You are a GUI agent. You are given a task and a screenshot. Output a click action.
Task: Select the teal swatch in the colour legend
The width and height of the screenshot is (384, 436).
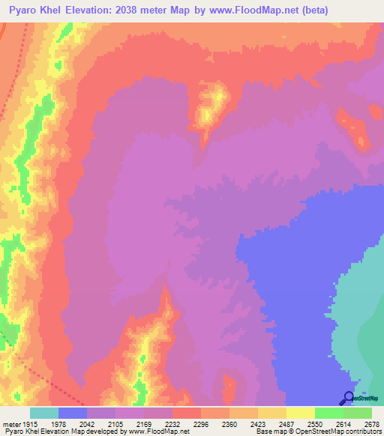click(x=44, y=413)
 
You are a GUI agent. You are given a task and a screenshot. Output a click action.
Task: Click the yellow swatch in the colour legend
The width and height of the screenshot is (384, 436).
click(x=300, y=413)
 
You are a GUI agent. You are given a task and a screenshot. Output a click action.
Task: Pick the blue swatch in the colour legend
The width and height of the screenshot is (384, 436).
click(x=73, y=413)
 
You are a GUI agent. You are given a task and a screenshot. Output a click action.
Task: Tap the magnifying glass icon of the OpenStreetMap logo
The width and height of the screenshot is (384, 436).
click(x=348, y=398)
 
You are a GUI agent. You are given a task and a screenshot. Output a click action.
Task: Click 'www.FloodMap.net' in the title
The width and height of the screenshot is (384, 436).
click(x=264, y=11)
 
